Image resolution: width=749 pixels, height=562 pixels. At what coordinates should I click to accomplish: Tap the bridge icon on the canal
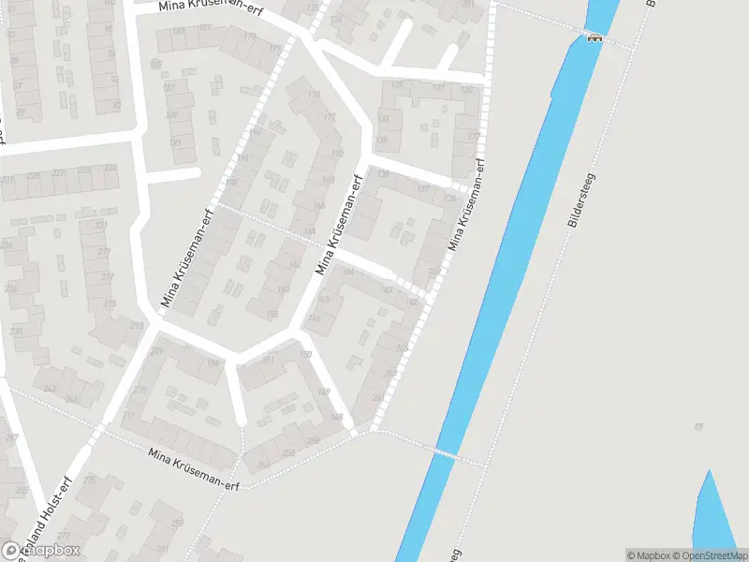click(594, 37)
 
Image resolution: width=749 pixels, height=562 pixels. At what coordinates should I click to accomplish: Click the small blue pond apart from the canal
click(713, 510)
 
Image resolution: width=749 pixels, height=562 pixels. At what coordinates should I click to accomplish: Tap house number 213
click(138, 326)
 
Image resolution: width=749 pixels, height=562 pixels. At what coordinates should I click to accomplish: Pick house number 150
click(306, 354)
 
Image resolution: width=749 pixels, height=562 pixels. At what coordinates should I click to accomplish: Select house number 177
click(274, 48)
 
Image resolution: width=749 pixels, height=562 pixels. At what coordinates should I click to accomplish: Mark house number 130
click(465, 89)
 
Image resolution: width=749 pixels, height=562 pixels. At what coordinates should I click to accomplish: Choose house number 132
click(398, 85)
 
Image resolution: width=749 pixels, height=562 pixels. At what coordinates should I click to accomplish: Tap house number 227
click(58, 172)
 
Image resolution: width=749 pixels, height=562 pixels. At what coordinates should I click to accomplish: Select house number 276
click(89, 481)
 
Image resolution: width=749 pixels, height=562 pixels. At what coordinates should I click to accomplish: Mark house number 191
click(175, 142)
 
